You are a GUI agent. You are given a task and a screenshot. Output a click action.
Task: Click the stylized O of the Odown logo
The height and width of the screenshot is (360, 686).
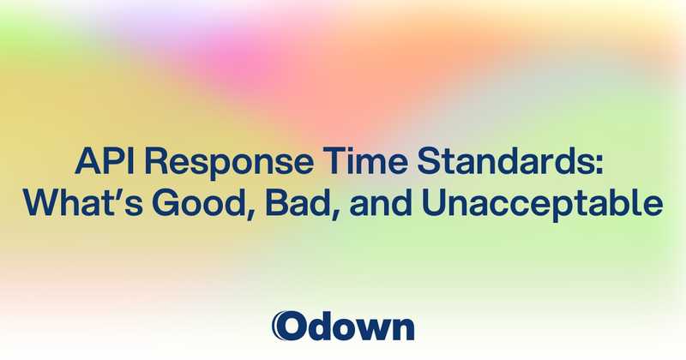click(288, 327)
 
